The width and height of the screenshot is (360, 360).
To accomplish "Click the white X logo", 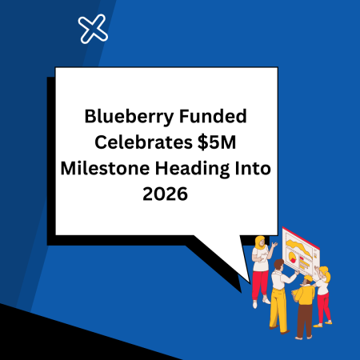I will [94, 30].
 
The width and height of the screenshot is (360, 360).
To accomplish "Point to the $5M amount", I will [210, 144].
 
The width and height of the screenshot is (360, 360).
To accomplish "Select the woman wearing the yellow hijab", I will [261, 268].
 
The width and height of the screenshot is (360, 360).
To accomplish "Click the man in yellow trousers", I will [278, 296].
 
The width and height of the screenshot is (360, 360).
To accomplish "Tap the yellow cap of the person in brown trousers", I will [307, 278].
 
